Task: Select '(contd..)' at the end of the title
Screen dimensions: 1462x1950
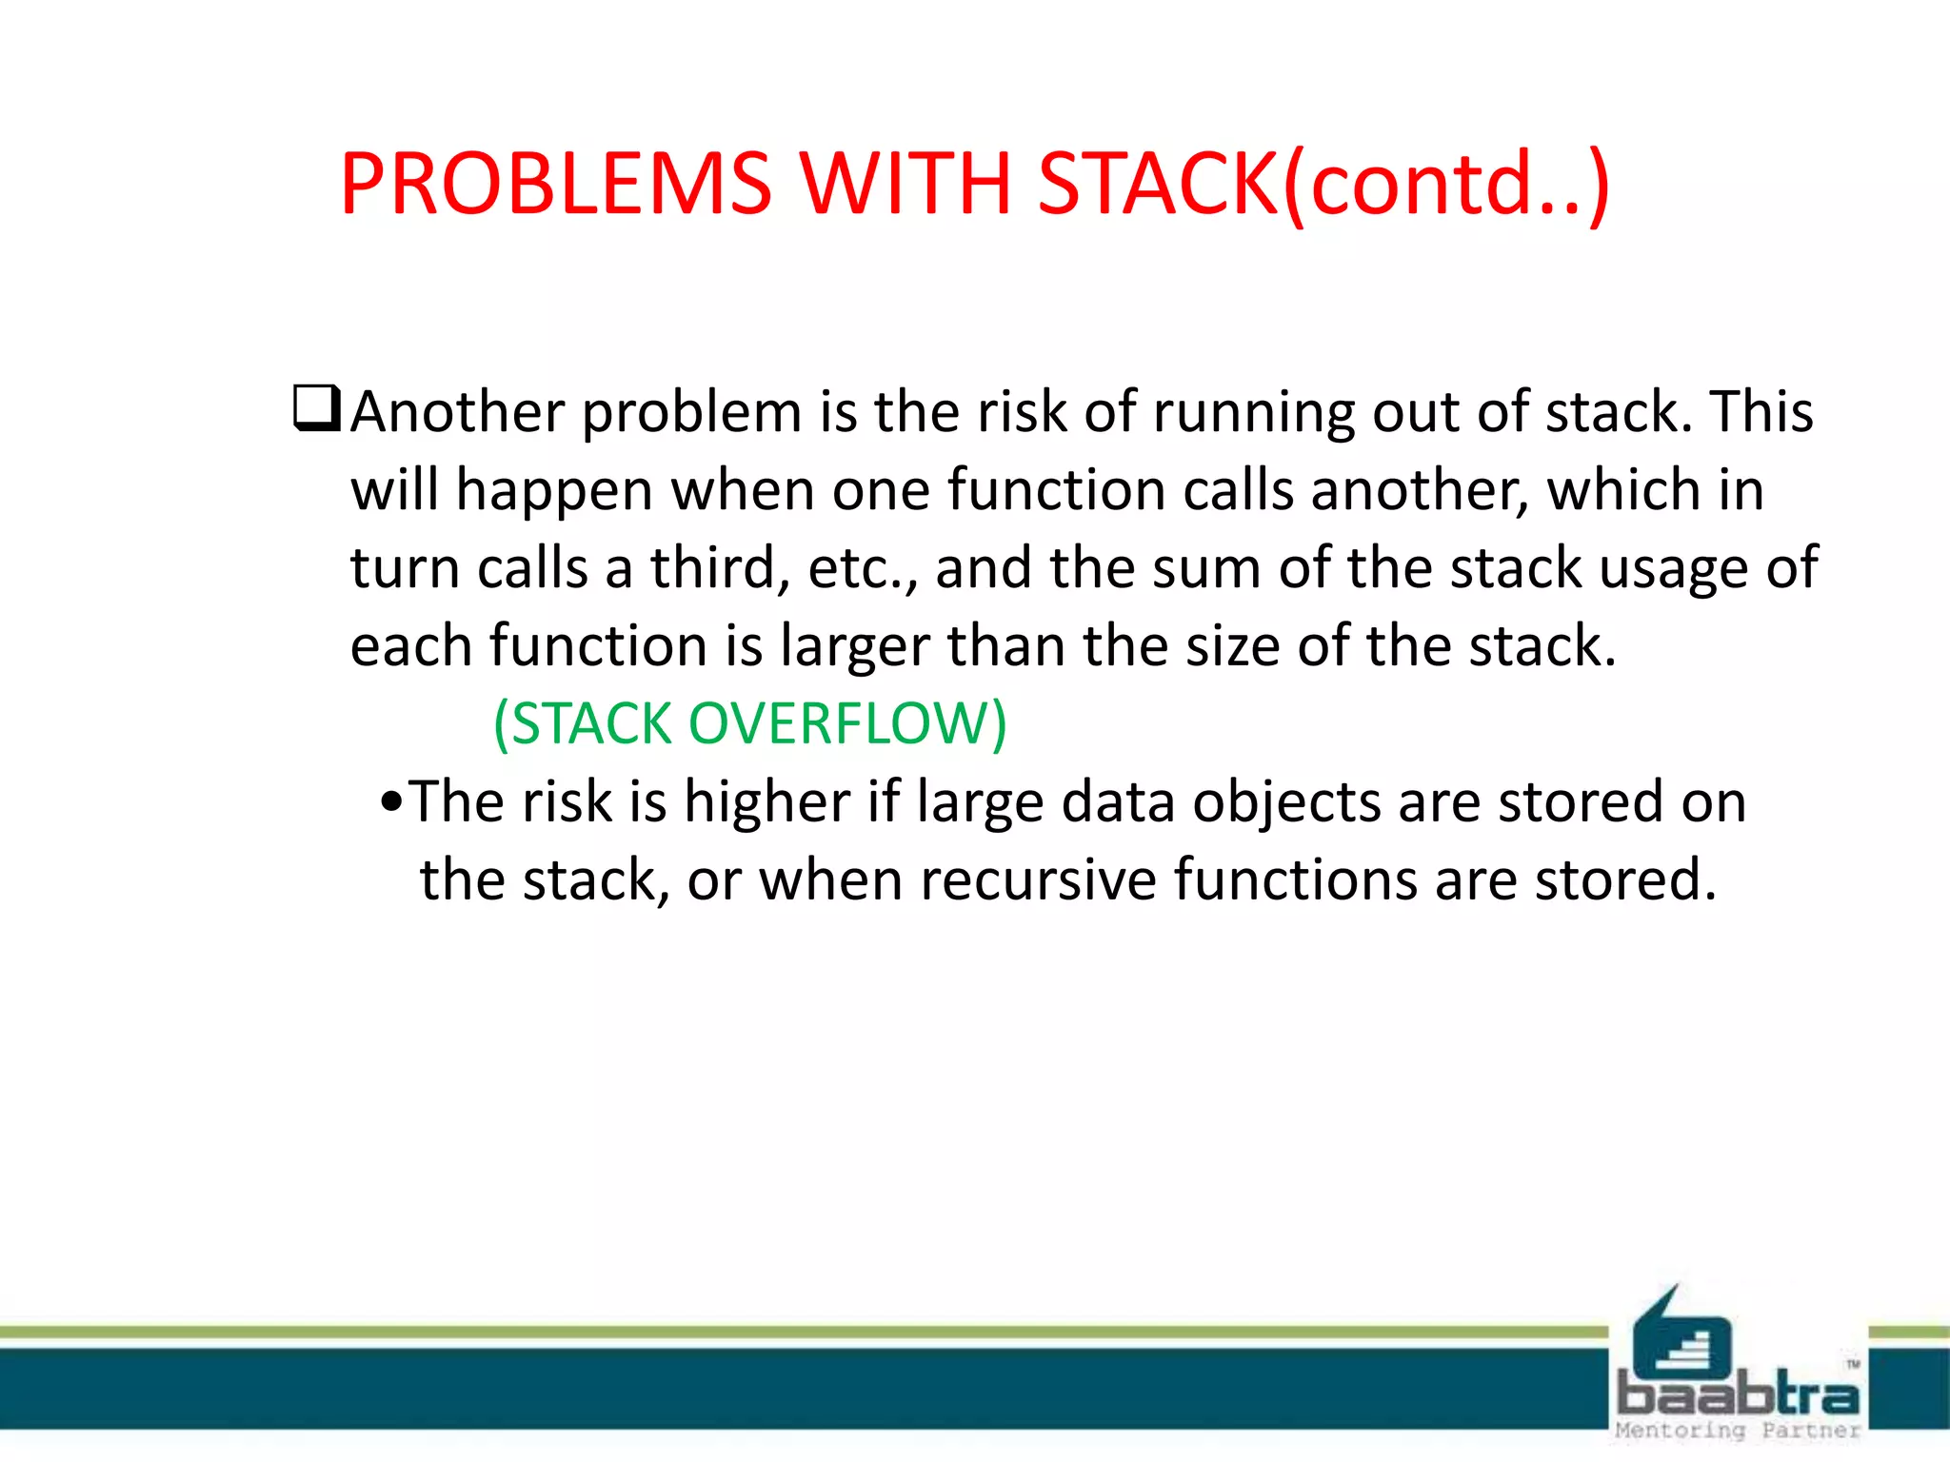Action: pyautogui.click(x=1446, y=186)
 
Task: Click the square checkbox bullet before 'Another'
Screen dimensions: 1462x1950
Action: pyautogui.click(x=317, y=409)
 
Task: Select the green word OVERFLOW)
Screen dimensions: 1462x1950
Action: pyautogui.click(x=847, y=724)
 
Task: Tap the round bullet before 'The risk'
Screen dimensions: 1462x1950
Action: pyautogui.click(x=391, y=802)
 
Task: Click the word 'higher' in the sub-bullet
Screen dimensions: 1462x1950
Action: pyautogui.click(x=766, y=802)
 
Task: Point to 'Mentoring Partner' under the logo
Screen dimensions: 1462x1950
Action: pyautogui.click(x=1738, y=1430)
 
